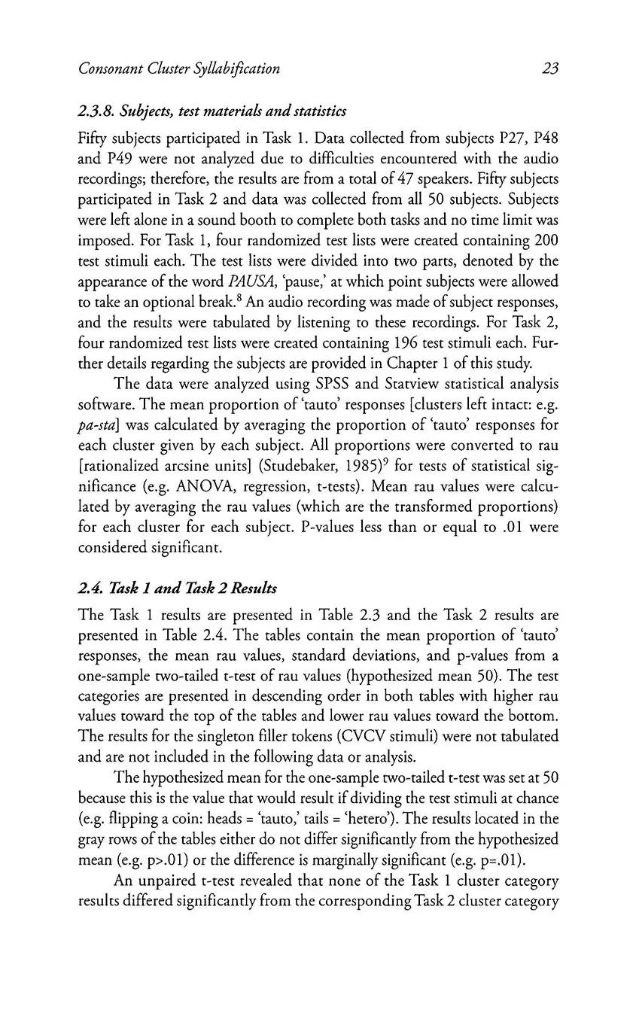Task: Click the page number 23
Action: click(549, 69)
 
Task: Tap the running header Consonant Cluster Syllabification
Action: click(179, 69)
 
